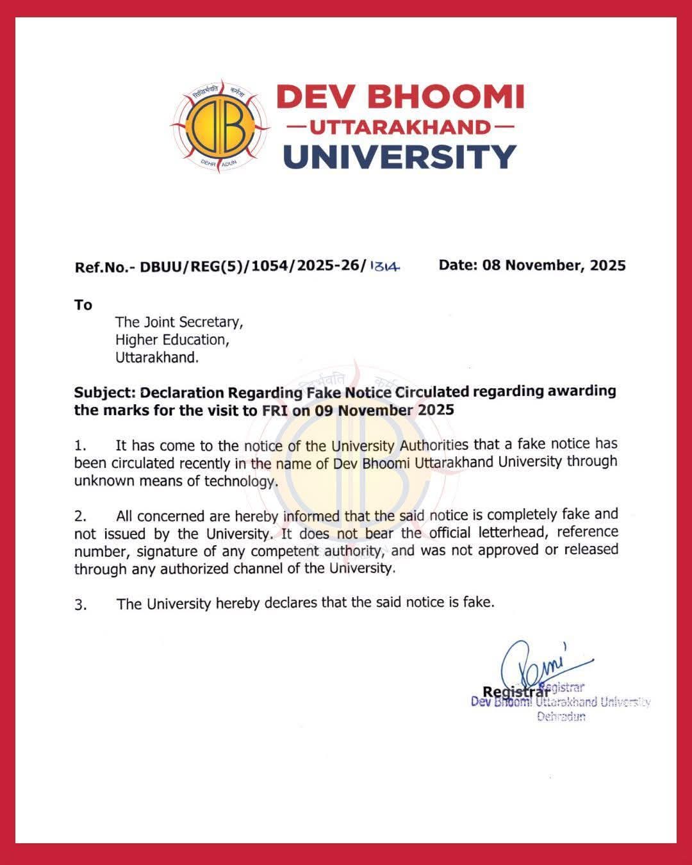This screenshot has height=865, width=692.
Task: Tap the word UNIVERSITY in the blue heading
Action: (399, 156)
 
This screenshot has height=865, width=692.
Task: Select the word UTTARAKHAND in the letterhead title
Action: (400, 127)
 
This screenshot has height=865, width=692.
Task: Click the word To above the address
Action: (83, 305)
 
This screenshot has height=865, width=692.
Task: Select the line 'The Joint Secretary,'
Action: (179, 322)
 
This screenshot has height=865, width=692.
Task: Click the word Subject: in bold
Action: (104, 392)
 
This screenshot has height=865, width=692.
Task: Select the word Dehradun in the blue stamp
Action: (561, 716)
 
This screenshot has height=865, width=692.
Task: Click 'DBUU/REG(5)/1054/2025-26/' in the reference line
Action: (253, 267)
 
